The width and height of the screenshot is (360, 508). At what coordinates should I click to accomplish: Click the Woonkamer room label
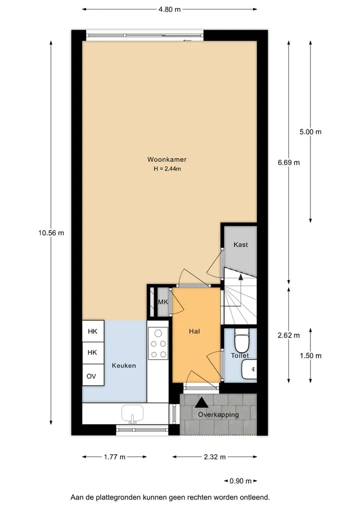pyautogui.click(x=166, y=159)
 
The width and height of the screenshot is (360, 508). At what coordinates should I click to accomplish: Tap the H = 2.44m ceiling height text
pyautogui.click(x=167, y=169)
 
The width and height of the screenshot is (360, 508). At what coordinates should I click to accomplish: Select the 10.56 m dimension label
pyautogui.click(x=51, y=233)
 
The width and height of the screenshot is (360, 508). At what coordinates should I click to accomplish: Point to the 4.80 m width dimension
pyautogui.click(x=169, y=9)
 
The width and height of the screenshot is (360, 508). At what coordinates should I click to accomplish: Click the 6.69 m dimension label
pyautogui.click(x=288, y=163)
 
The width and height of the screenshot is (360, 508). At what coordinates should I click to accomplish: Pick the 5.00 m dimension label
pyautogui.click(x=310, y=132)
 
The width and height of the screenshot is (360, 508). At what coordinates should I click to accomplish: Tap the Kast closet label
pyautogui.click(x=240, y=245)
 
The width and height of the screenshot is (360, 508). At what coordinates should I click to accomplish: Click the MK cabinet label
pyautogui.click(x=163, y=302)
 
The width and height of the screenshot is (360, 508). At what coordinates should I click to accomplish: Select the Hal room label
pyautogui.click(x=194, y=332)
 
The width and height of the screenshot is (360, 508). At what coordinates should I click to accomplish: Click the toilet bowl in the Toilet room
pyautogui.click(x=241, y=341)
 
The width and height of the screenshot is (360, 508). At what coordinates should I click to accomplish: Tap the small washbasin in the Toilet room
pyautogui.click(x=249, y=369)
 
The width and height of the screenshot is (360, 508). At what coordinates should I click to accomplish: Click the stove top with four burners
pyautogui.click(x=158, y=343)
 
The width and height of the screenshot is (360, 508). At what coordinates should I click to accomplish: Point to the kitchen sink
pyautogui.click(x=132, y=414)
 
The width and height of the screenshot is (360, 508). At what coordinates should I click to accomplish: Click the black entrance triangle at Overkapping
pyautogui.click(x=202, y=403)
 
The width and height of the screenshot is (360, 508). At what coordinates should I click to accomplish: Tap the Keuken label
pyautogui.click(x=124, y=366)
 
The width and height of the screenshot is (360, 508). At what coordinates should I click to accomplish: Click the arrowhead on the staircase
pyautogui.click(x=240, y=277)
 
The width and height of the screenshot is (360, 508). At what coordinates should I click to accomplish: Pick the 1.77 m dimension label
pyautogui.click(x=114, y=457)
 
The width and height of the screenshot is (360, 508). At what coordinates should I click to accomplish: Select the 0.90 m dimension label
pyautogui.click(x=240, y=481)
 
